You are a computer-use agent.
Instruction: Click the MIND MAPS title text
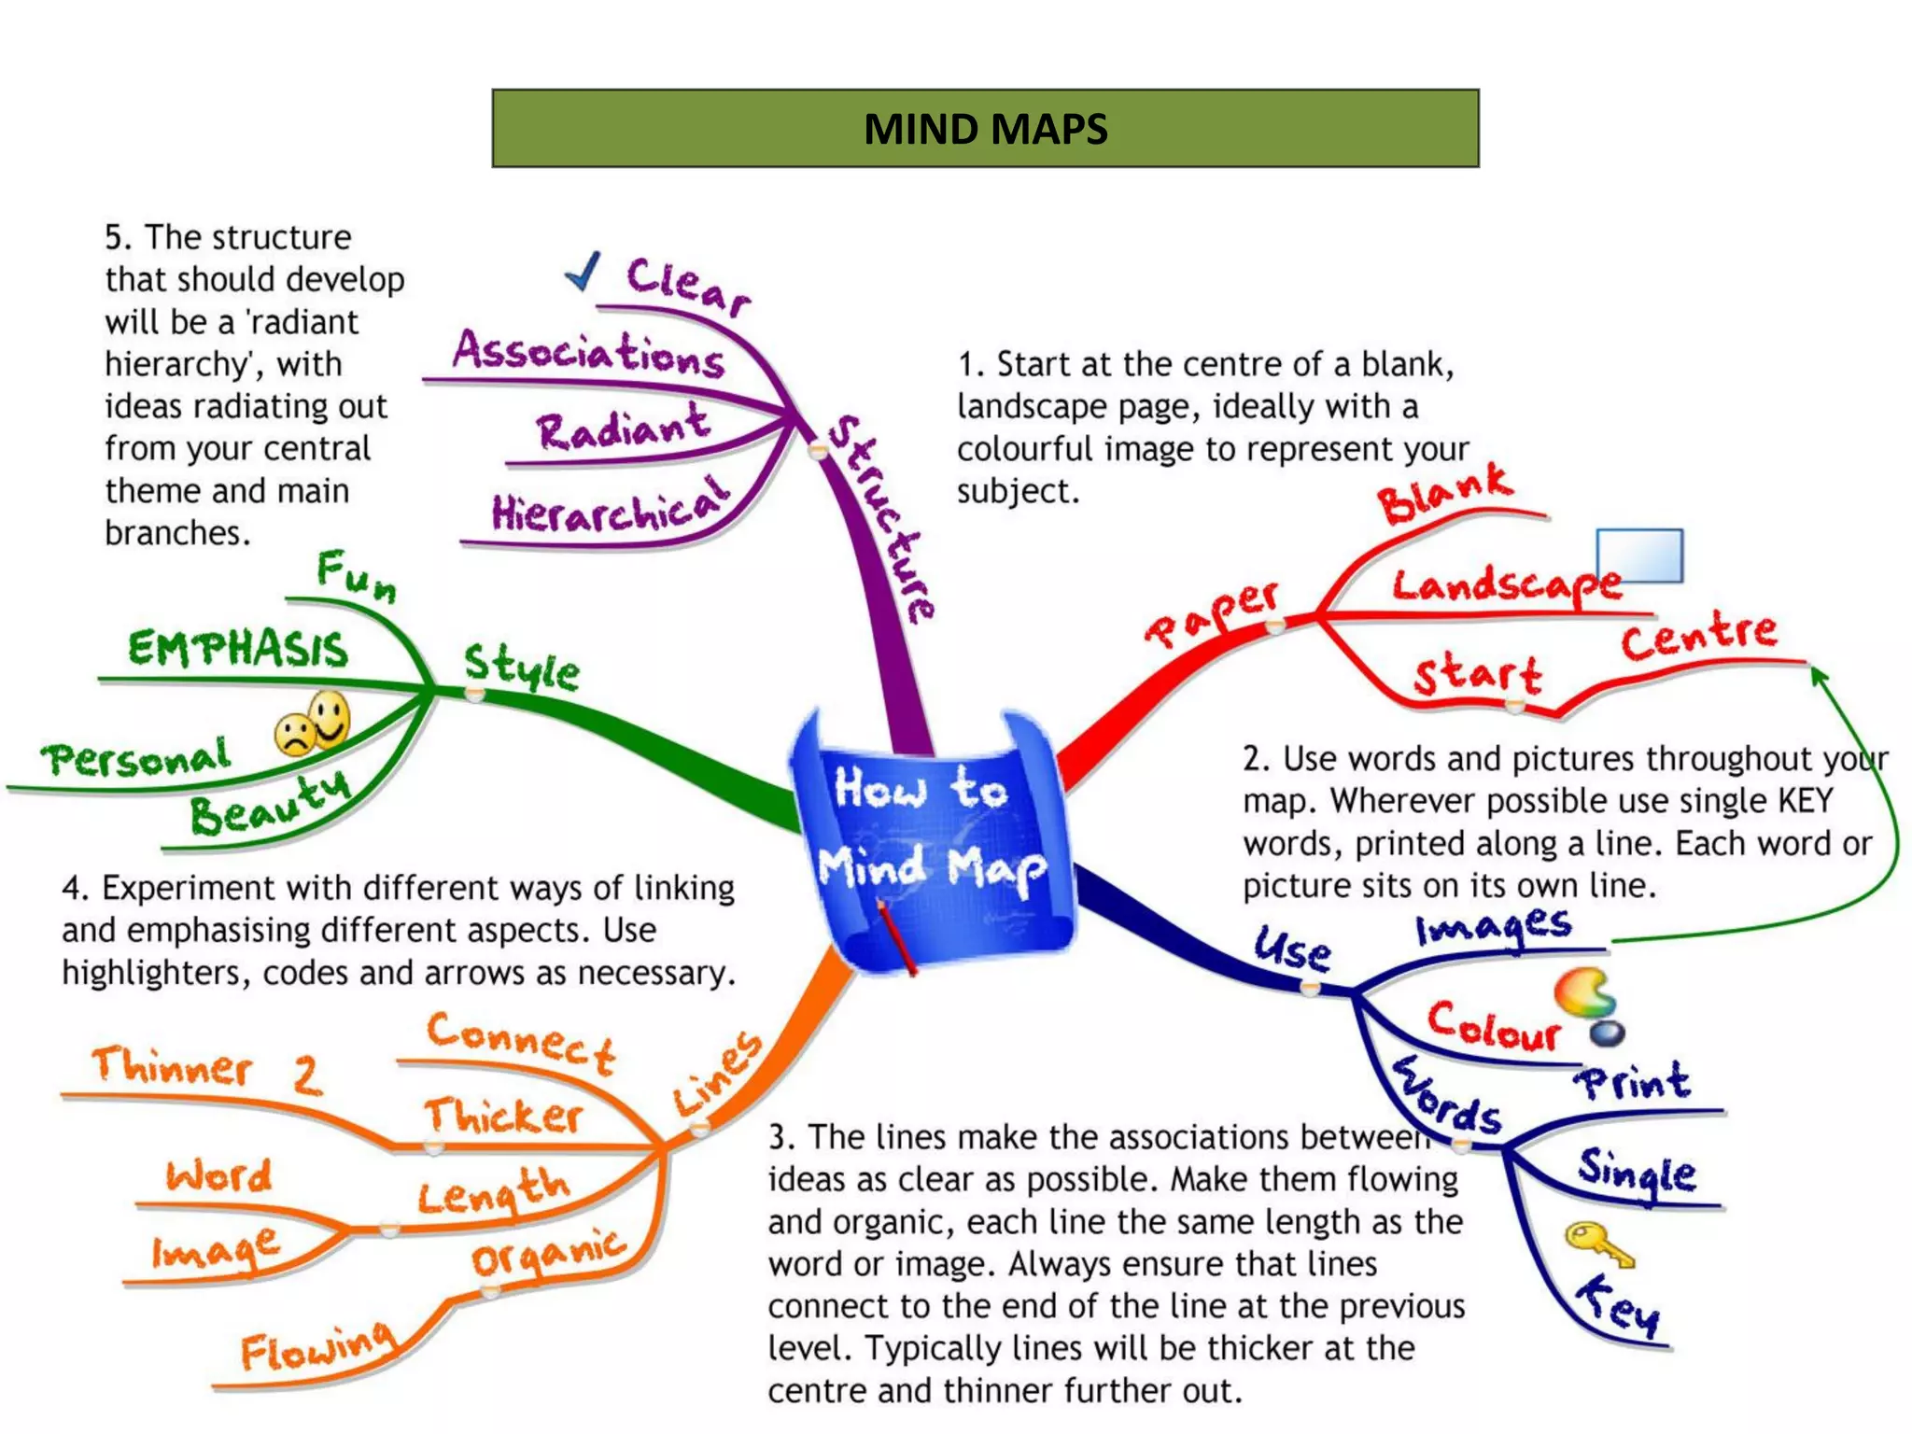pyautogui.click(x=985, y=129)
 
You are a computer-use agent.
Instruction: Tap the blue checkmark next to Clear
pyautogui.click(x=583, y=272)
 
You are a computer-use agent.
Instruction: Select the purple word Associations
pyautogui.click(x=588, y=352)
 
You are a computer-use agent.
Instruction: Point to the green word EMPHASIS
pyautogui.click(x=238, y=648)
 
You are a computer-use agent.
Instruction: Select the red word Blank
pyautogui.click(x=1443, y=493)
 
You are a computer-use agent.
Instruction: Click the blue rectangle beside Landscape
pyautogui.click(x=1639, y=555)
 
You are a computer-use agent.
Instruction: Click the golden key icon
pyautogui.click(x=1599, y=1244)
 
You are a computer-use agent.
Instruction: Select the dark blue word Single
pyautogui.click(x=1637, y=1173)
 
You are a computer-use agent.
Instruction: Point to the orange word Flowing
pyautogui.click(x=316, y=1347)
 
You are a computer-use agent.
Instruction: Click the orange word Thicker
pyautogui.click(x=503, y=1116)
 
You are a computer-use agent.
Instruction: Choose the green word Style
pyautogui.click(x=522, y=667)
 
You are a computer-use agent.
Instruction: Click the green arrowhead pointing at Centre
pyautogui.click(x=1819, y=675)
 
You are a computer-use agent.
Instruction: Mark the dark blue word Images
pyautogui.click(x=1494, y=927)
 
